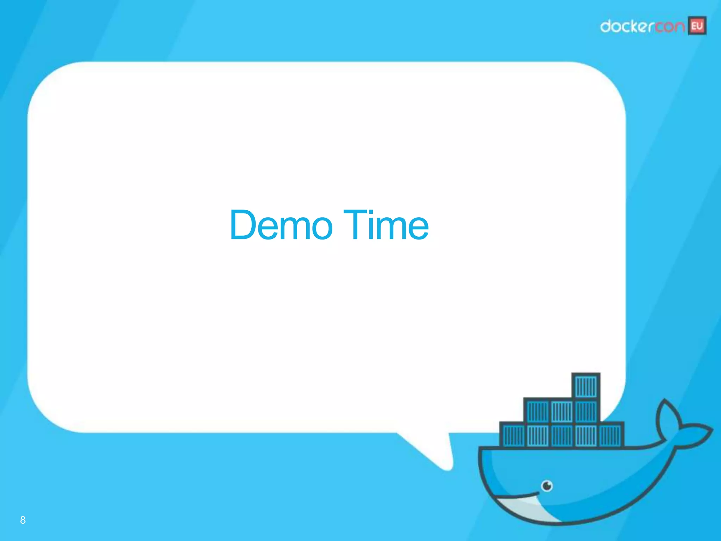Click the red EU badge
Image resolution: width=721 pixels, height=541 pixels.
(x=697, y=26)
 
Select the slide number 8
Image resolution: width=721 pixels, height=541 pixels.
(x=23, y=520)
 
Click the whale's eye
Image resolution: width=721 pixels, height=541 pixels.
(x=547, y=486)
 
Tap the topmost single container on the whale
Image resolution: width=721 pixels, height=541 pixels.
(x=586, y=386)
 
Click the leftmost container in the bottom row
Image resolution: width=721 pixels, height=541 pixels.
(x=513, y=435)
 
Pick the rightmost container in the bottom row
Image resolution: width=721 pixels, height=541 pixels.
(x=611, y=435)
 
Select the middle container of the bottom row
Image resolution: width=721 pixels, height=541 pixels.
(x=562, y=435)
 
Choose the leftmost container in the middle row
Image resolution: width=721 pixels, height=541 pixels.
(x=537, y=411)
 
